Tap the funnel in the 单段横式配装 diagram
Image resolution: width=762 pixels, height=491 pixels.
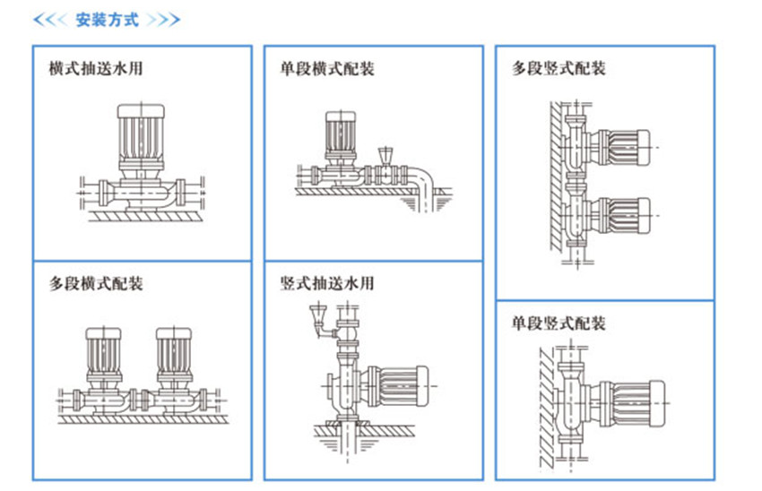[x=387, y=153]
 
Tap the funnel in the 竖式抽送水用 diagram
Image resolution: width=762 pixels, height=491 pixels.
[x=316, y=313]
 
